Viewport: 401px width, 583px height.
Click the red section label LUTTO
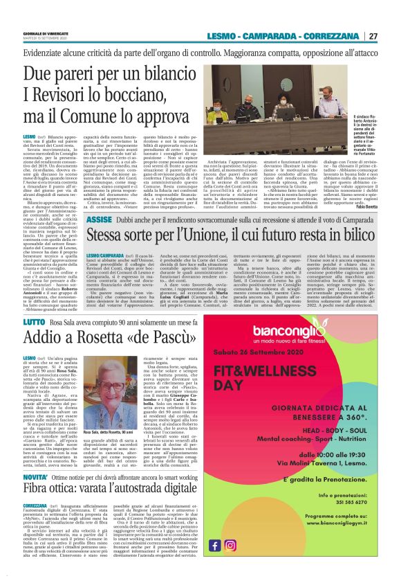[35, 321]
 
